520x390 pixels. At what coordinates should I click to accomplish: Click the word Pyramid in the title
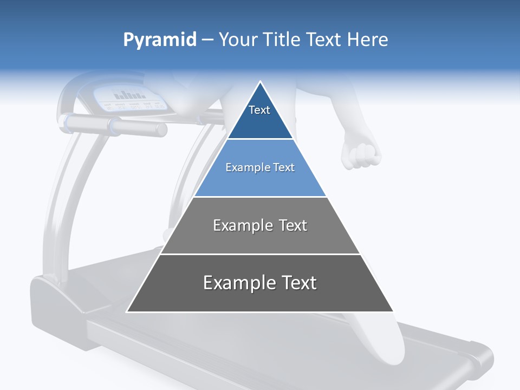[x=160, y=40]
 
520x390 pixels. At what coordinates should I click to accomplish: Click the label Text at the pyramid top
[x=259, y=110]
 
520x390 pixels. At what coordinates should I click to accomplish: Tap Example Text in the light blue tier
[x=260, y=167]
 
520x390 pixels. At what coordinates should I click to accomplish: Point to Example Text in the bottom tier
[x=260, y=283]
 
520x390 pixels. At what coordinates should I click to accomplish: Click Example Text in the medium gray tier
[x=260, y=225]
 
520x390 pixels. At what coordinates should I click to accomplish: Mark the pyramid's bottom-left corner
[x=127, y=311]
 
